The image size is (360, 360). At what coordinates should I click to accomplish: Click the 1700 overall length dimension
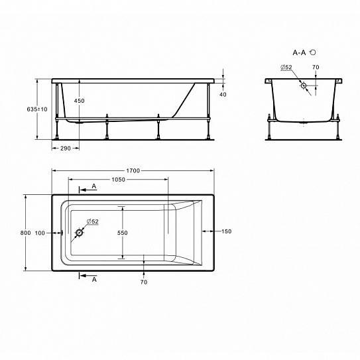(x=133, y=170)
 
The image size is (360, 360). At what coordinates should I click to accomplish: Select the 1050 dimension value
(x=119, y=180)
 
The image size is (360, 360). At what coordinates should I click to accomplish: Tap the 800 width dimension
(x=25, y=233)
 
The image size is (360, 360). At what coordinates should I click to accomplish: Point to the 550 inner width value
(x=123, y=233)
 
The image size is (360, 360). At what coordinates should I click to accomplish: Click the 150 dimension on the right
(x=226, y=231)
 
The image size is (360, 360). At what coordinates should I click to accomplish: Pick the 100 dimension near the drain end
(x=40, y=233)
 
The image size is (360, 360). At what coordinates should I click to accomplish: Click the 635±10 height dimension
(x=37, y=109)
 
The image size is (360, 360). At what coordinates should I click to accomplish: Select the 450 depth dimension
(x=79, y=101)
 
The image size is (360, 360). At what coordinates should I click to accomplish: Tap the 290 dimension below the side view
(x=66, y=149)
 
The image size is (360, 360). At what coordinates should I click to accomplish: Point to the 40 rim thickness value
(x=223, y=94)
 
